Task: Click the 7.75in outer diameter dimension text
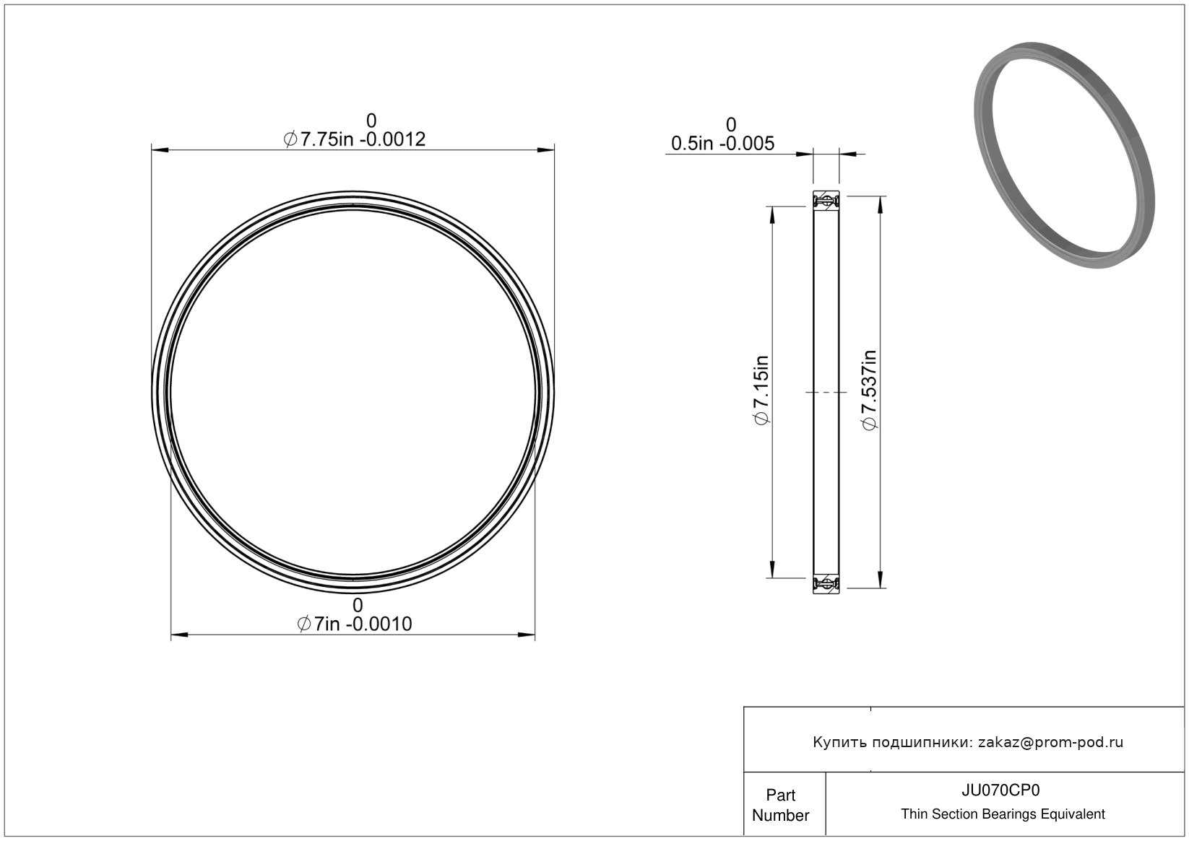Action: [x=355, y=139]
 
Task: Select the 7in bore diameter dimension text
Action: [x=355, y=624]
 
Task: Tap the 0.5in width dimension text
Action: [x=722, y=143]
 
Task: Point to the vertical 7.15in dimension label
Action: [x=761, y=390]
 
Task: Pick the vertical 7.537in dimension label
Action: [x=869, y=390]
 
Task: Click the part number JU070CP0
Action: [x=1000, y=790]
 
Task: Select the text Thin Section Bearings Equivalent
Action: [x=1003, y=814]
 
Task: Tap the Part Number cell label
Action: [x=780, y=805]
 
